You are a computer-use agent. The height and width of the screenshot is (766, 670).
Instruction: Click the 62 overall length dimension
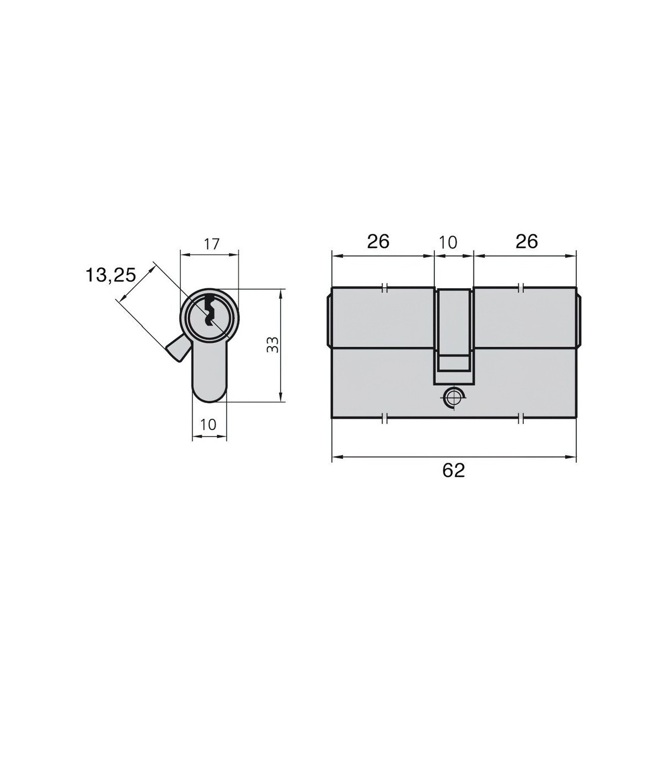pos(454,471)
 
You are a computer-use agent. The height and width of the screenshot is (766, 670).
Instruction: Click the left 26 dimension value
pos(378,242)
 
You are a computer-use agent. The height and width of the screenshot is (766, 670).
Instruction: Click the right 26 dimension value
pos(527,242)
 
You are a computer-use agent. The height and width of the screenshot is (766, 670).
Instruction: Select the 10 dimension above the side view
pos(448,243)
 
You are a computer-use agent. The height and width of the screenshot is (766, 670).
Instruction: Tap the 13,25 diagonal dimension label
pos(111,275)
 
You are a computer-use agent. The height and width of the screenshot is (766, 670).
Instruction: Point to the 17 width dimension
pos(212,244)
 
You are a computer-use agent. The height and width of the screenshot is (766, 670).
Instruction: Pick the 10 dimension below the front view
pos(208,424)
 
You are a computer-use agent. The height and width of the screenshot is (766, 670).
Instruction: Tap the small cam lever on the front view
pos(174,348)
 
